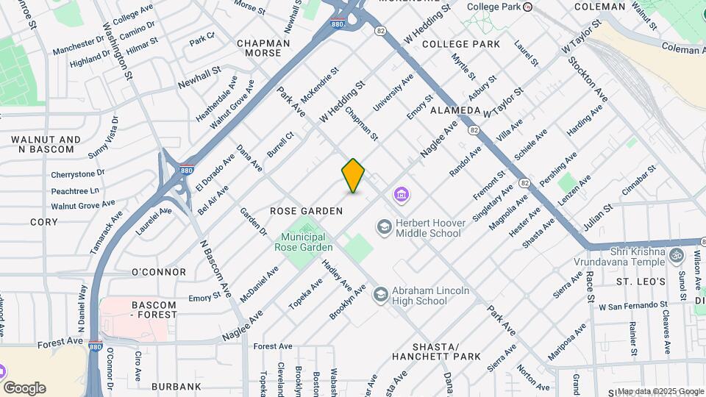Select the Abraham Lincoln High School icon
(x=379, y=295)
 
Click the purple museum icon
(x=402, y=195)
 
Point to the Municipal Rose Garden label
(x=303, y=243)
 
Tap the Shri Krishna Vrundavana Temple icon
(x=677, y=255)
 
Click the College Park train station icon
(x=527, y=7)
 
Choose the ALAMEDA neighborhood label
(x=454, y=110)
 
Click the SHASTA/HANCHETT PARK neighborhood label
(x=446, y=351)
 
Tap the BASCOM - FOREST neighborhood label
(x=154, y=310)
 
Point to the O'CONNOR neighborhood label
(x=158, y=272)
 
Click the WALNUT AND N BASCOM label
(x=46, y=144)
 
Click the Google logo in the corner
(x=24, y=388)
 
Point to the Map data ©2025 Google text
(x=660, y=391)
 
